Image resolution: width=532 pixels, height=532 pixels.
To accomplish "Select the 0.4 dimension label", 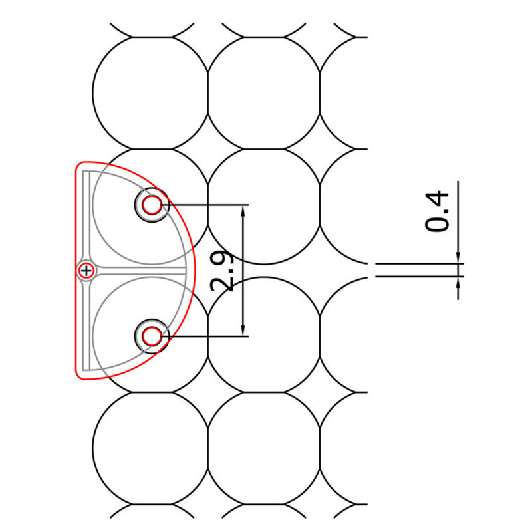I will [438, 211].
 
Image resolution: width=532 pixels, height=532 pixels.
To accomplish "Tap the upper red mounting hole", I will [152, 205].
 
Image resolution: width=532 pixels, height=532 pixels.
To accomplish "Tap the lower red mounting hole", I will [152, 336].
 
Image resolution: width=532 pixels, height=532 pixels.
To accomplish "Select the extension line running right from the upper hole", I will [206, 205].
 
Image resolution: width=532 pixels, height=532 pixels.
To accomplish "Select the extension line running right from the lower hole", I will [206, 336].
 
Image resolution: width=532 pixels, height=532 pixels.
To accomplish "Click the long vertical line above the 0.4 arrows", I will [459, 213].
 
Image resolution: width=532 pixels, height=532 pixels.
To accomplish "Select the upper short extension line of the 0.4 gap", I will [419, 264].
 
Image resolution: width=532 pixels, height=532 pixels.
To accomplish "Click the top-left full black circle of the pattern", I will [150, 93].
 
